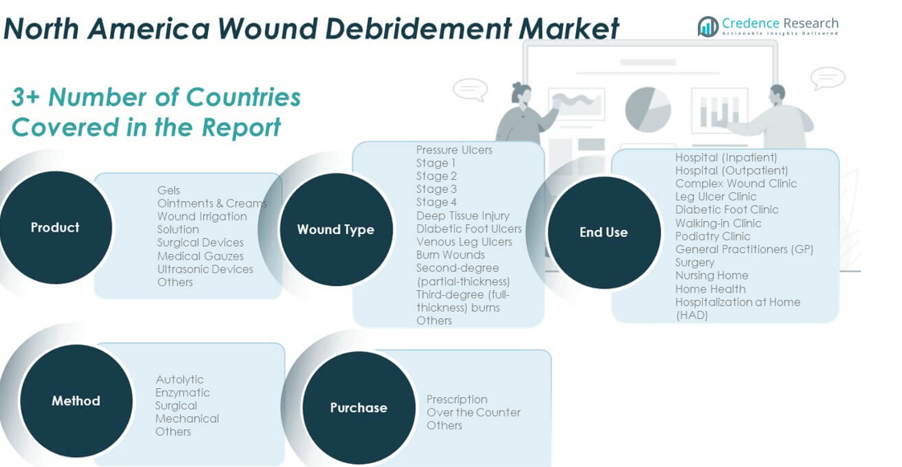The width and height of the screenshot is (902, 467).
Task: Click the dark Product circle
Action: (x=55, y=227)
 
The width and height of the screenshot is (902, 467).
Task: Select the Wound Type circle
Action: (x=336, y=229)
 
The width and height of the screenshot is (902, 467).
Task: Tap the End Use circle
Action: (x=603, y=232)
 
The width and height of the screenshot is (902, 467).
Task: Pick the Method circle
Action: (x=76, y=400)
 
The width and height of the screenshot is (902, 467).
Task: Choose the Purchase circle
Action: (x=358, y=408)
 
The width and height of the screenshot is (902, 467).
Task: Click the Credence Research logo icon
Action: (x=708, y=27)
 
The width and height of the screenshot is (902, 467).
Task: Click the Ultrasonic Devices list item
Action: (x=205, y=269)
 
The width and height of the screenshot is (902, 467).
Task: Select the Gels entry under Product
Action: (x=169, y=190)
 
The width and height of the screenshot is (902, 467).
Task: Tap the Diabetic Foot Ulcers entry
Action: (x=468, y=228)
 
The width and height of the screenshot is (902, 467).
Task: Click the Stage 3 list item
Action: (x=436, y=189)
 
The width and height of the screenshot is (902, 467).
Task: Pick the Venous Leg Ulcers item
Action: (x=463, y=241)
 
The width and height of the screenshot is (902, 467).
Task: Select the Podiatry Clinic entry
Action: (x=712, y=236)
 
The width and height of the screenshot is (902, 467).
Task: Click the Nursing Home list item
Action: (x=711, y=276)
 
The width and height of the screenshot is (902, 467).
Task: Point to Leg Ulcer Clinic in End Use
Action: (x=716, y=196)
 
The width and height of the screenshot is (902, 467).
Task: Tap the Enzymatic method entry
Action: (x=182, y=392)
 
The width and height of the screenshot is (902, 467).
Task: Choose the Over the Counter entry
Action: (x=473, y=412)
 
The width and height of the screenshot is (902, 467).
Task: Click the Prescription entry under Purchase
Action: (x=456, y=399)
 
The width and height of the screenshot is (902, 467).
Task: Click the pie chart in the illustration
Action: (x=647, y=109)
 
